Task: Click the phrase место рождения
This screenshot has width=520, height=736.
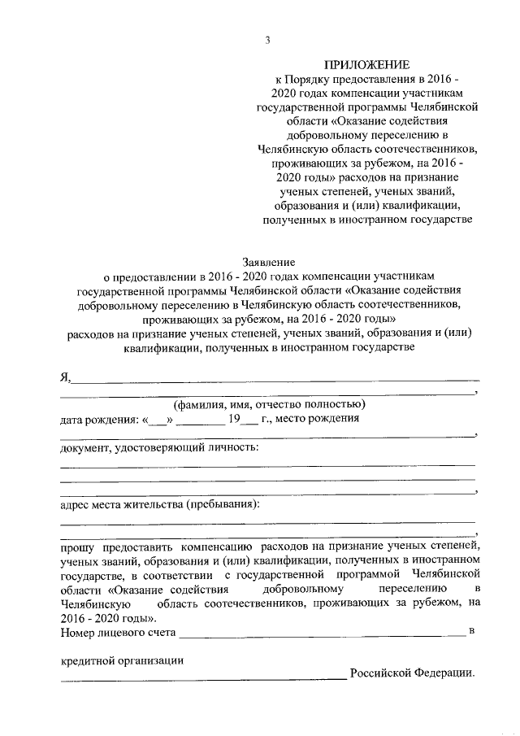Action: coord(318,420)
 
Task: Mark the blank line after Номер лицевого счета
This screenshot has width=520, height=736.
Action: coord(322,634)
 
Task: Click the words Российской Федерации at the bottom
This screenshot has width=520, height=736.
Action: coord(410,674)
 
